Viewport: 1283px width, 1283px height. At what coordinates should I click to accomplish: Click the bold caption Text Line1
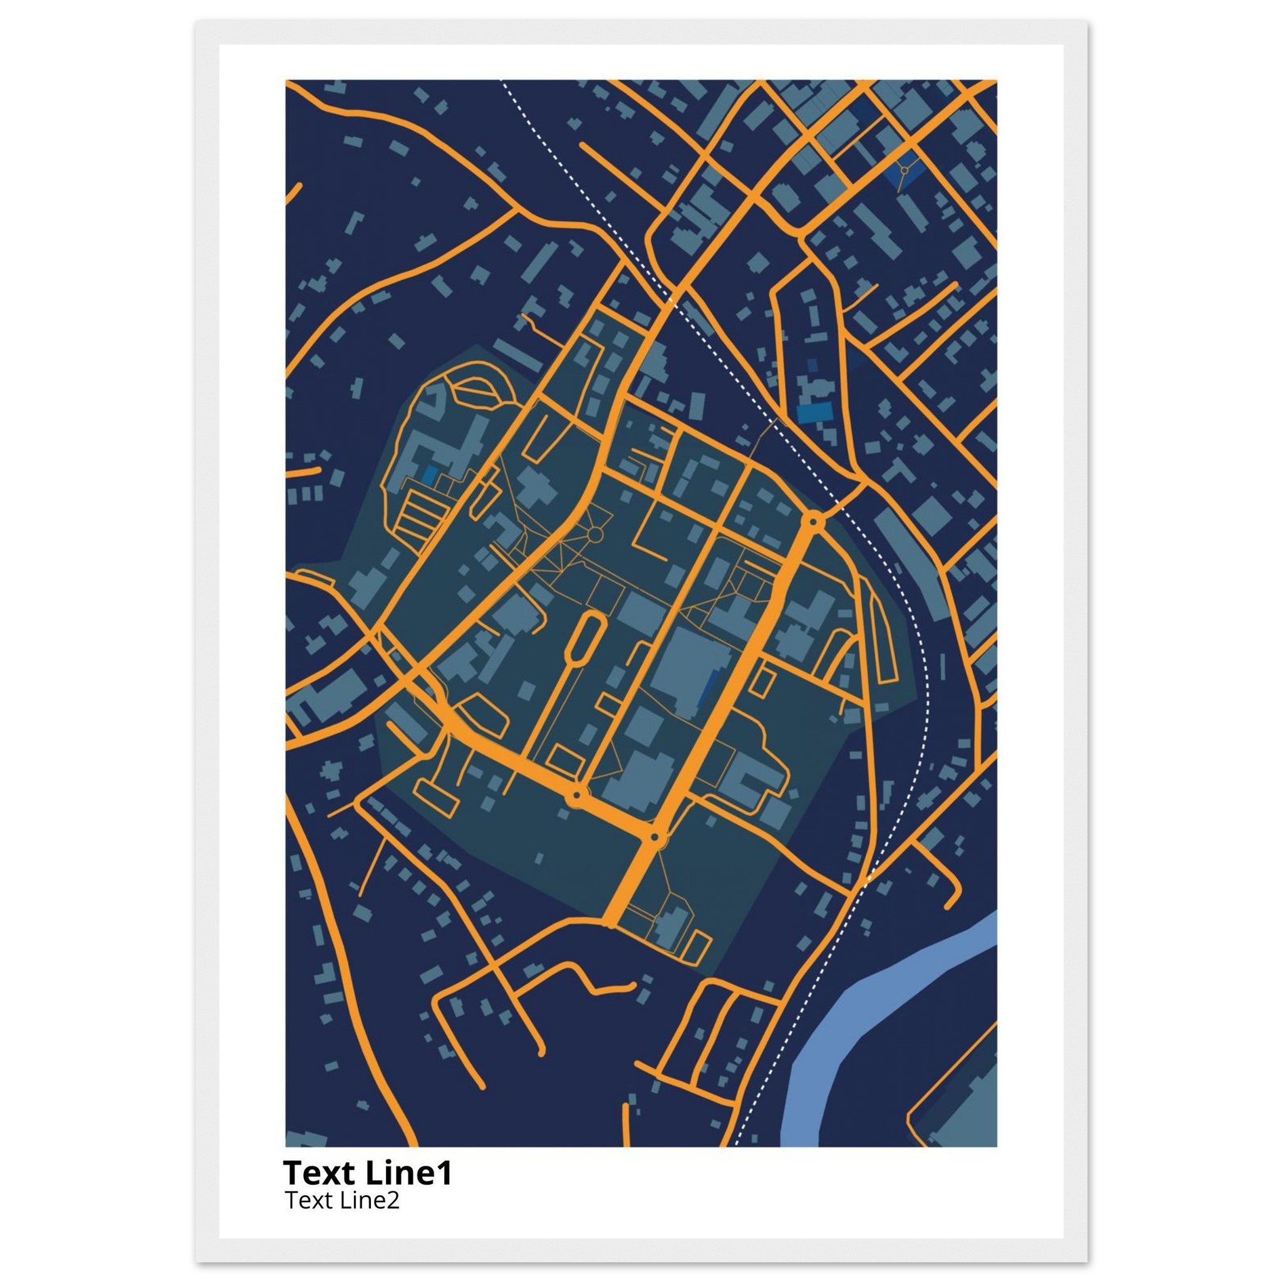pos(367,1173)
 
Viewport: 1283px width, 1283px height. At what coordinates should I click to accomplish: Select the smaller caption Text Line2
pos(342,1200)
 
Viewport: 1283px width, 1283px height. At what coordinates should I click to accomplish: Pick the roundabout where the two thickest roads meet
pos(655,838)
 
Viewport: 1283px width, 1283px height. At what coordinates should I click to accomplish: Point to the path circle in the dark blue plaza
pos(904,170)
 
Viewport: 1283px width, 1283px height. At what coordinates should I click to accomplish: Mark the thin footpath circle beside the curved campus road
pos(595,534)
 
